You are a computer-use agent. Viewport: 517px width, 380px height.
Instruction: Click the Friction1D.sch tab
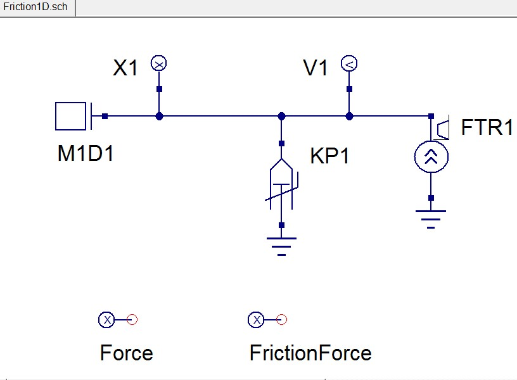coord(35,7)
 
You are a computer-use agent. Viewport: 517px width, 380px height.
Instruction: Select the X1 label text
coord(125,68)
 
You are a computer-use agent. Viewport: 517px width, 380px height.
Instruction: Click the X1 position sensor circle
coord(159,63)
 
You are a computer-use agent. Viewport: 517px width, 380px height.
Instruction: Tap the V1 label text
coord(316,68)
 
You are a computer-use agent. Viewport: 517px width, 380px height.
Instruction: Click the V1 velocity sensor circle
coord(349,63)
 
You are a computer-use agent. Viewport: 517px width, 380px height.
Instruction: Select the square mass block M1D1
coord(70,116)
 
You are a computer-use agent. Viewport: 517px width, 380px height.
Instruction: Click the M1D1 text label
coord(86,154)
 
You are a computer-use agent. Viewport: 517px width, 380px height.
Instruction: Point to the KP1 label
coord(329,156)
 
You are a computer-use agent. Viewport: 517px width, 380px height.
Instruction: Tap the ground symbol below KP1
coord(282,244)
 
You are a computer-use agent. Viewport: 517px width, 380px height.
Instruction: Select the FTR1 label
coord(487,127)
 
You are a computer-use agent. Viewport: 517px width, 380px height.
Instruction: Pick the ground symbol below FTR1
coord(431,217)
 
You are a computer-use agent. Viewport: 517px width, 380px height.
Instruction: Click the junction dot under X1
coord(160,116)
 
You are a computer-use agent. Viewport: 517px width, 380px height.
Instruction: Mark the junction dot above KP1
coord(282,116)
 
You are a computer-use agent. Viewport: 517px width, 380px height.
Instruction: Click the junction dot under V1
coord(349,116)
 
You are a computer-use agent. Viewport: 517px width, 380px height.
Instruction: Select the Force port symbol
coord(108,320)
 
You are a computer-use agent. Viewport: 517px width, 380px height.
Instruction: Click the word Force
coord(126,353)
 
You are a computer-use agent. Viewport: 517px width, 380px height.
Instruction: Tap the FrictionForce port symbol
coord(257,320)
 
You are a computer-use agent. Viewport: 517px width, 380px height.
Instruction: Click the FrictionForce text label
coord(310,353)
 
